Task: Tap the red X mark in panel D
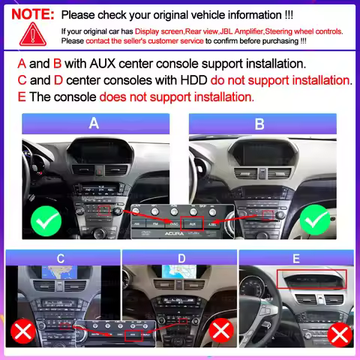[x=220, y=331]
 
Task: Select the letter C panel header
[x=60, y=259]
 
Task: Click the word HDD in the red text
[x=193, y=80]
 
